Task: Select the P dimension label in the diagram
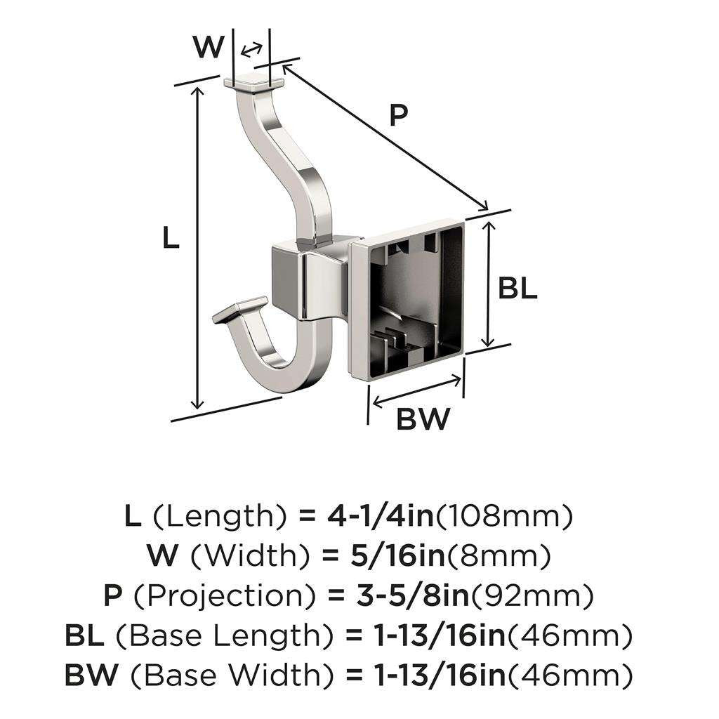[x=398, y=116]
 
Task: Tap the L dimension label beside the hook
[x=171, y=239]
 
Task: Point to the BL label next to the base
[x=517, y=289]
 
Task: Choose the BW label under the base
[x=423, y=419]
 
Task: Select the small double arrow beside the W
[x=251, y=50]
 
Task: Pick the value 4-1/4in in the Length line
[x=380, y=517]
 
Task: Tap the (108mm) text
[x=505, y=517]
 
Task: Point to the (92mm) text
[x=534, y=597]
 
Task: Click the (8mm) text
[x=499, y=557]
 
